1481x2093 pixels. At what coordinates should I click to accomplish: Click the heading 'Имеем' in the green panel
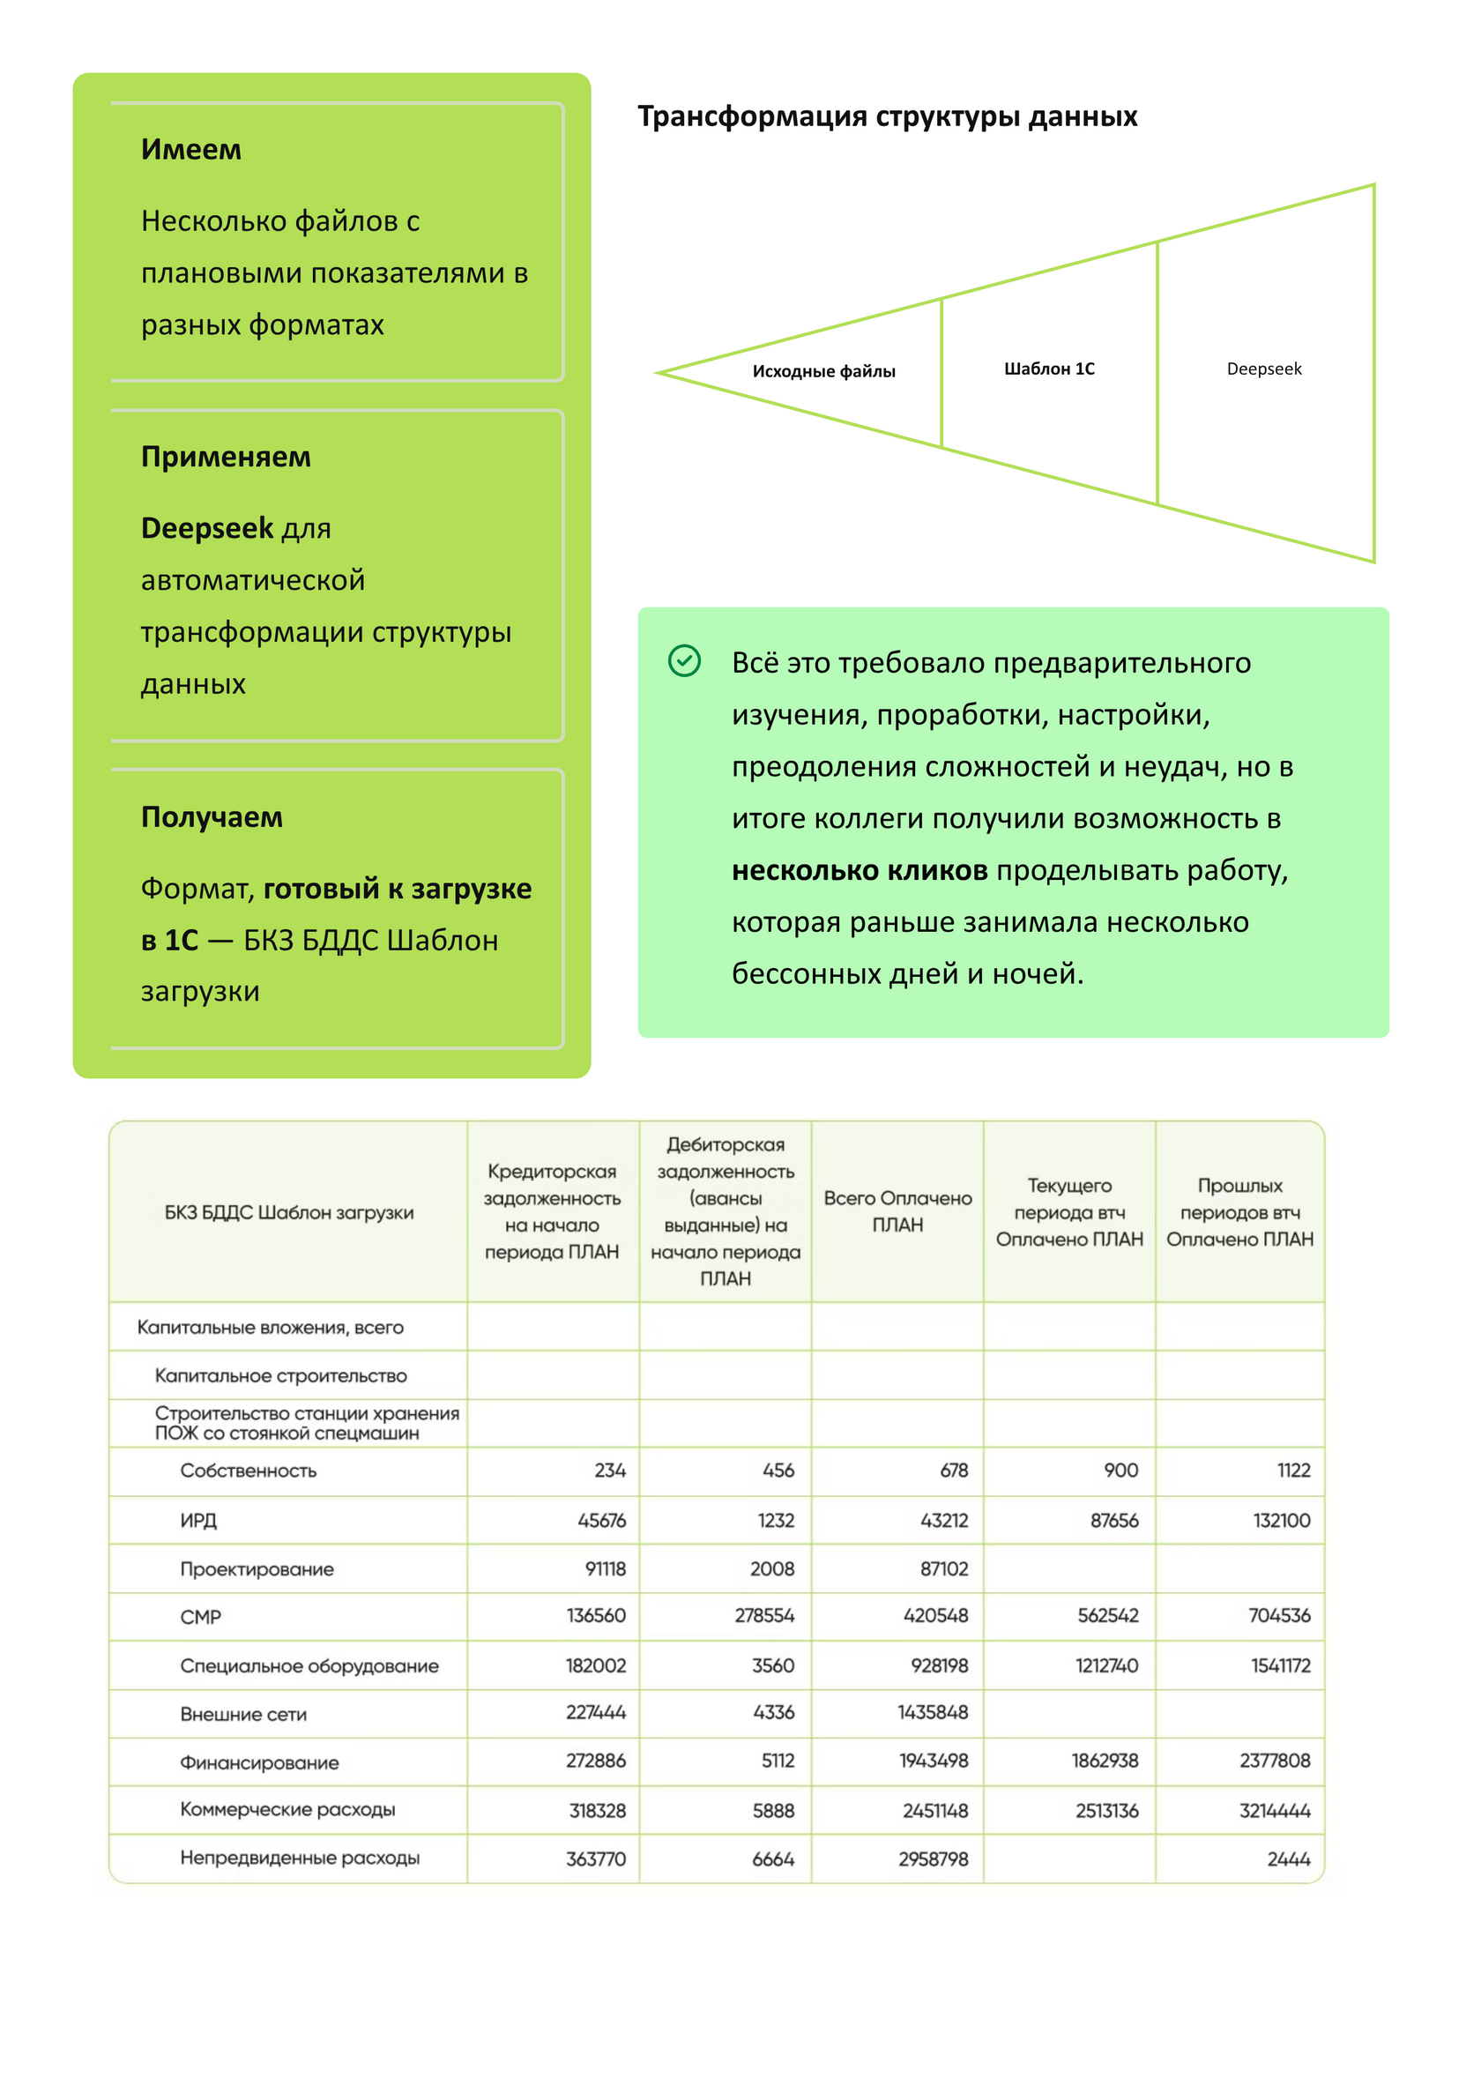190,150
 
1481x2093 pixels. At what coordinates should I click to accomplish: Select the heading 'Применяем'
226,457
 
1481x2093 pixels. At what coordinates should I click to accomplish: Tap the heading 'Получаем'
212,817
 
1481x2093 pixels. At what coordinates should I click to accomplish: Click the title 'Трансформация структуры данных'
887,116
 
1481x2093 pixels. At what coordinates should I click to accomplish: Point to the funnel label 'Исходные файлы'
823,371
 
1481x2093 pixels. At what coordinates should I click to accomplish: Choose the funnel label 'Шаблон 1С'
1049,369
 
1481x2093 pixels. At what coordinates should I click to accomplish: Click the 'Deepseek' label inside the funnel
1263,369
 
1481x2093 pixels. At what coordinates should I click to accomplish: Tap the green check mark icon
684,660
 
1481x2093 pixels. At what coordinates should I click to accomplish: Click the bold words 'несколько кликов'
859,870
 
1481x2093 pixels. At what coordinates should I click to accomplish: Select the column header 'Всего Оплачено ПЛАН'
897,1211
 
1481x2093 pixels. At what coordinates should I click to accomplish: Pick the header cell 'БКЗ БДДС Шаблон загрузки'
288,1212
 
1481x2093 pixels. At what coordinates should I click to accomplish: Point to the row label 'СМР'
201,1617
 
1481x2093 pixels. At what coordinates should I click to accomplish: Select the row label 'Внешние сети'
242,1715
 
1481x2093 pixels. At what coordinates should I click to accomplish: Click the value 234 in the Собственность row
609,1470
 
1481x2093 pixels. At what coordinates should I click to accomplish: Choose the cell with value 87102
943,1568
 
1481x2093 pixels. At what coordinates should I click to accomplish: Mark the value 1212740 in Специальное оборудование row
1106,1665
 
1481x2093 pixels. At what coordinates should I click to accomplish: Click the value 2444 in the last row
1288,1858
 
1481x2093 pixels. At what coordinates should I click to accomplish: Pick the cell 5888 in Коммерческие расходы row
772,1810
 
